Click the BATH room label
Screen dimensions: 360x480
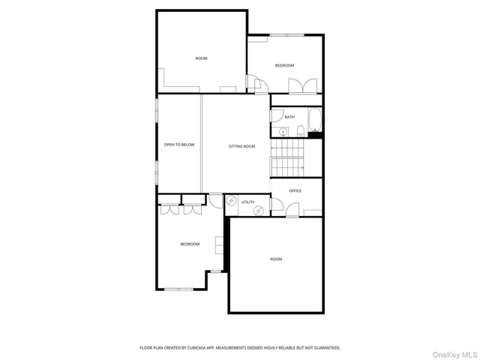[289, 117]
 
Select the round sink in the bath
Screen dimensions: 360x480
[283, 132]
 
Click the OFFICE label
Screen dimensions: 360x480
[295, 190]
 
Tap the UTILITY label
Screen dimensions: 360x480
[247, 202]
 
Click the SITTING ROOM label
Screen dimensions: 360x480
[241, 145]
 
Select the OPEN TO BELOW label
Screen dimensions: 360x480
[179, 144]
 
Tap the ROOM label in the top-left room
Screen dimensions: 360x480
[201, 58]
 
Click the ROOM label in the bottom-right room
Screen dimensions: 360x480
[276, 259]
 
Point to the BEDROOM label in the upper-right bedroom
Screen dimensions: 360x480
[285, 65]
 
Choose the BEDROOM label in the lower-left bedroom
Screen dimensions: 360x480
[190, 244]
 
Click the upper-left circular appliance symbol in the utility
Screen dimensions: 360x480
[232, 200]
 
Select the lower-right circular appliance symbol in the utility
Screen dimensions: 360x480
[259, 211]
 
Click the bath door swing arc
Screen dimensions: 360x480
[275, 115]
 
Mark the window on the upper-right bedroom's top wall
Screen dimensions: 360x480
[287, 34]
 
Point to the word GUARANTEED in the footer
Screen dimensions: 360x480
[325, 347]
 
